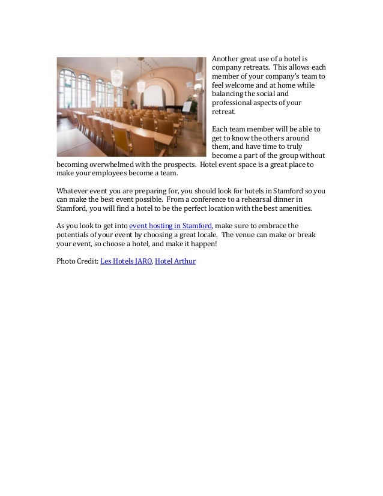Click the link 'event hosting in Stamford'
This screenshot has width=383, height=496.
tap(170, 225)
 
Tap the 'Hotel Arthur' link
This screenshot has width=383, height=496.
tap(175, 261)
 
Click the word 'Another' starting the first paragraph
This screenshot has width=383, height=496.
tap(226, 58)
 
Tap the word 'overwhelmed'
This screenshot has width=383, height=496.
tap(121, 164)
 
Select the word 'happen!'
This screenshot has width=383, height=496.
tap(200, 244)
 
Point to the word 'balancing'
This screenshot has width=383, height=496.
tap(228, 94)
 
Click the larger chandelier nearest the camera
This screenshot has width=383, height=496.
tap(116, 76)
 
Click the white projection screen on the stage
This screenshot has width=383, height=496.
tap(154, 96)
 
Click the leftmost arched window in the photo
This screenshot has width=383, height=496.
tap(67, 87)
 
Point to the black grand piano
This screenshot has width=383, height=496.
tap(170, 110)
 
